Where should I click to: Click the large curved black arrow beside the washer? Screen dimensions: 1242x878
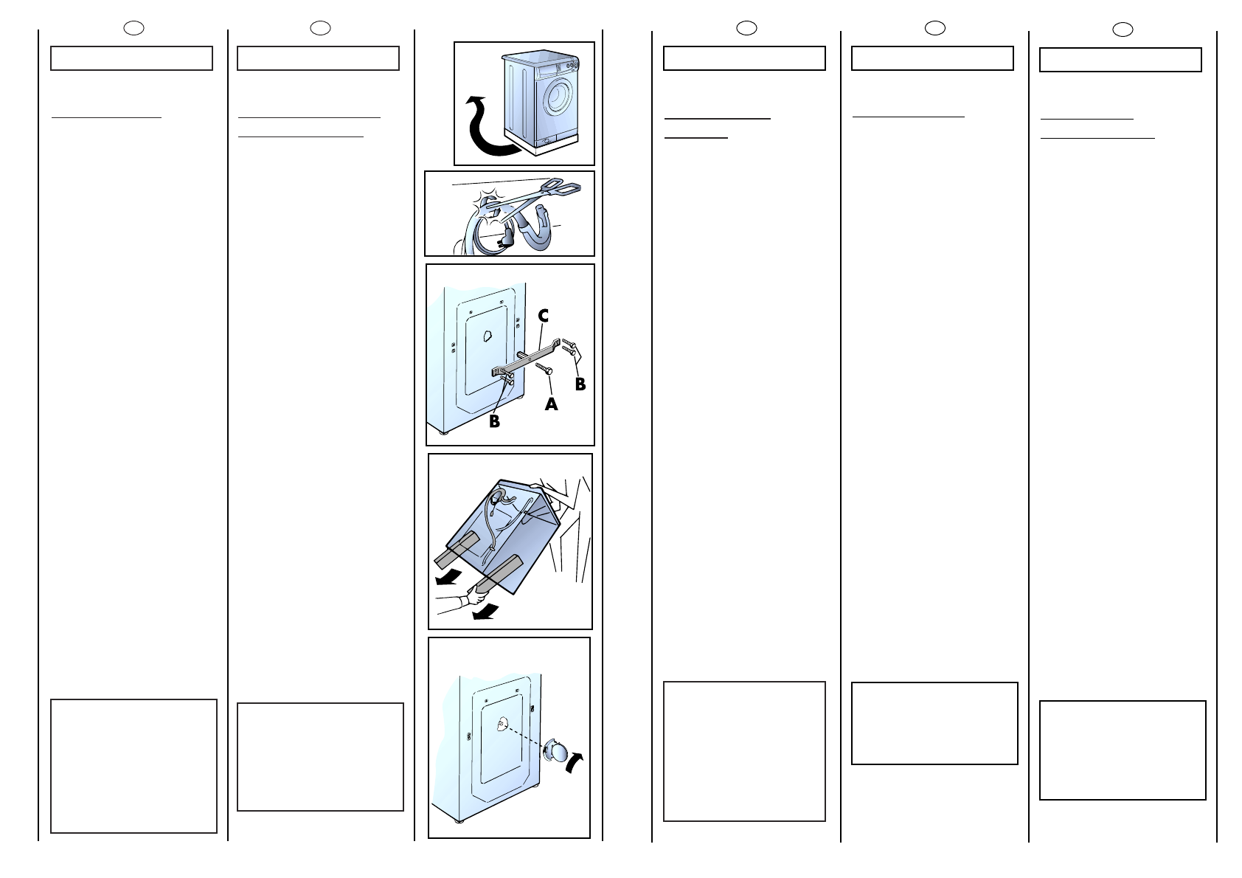pyautogui.click(x=491, y=126)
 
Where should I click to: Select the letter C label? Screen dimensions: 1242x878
pyautogui.click(x=544, y=316)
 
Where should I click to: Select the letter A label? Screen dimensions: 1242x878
pyautogui.click(x=551, y=404)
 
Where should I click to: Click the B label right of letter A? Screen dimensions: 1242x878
pyautogui.click(x=580, y=384)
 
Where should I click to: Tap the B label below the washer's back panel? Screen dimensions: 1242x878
pyautogui.click(x=494, y=421)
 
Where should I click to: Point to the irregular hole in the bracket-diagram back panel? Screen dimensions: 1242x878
pyautogui.click(x=488, y=336)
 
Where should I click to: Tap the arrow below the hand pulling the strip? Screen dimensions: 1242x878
pyautogui.click(x=485, y=612)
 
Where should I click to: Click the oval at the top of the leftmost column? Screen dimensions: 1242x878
pyautogui.click(x=133, y=28)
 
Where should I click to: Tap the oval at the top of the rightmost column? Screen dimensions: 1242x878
pyautogui.click(x=1123, y=30)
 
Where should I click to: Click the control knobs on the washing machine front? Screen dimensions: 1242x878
pyautogui.click(x=572, y=66)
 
